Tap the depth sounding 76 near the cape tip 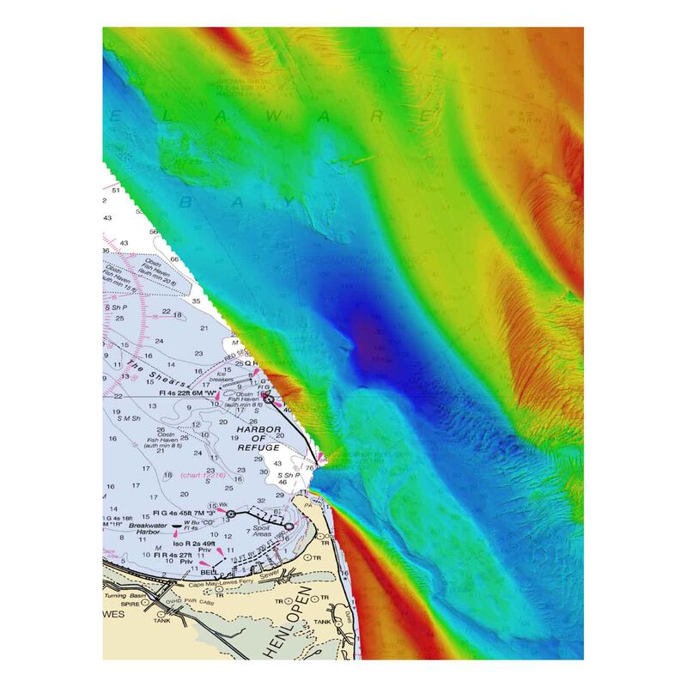click(307, 468)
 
